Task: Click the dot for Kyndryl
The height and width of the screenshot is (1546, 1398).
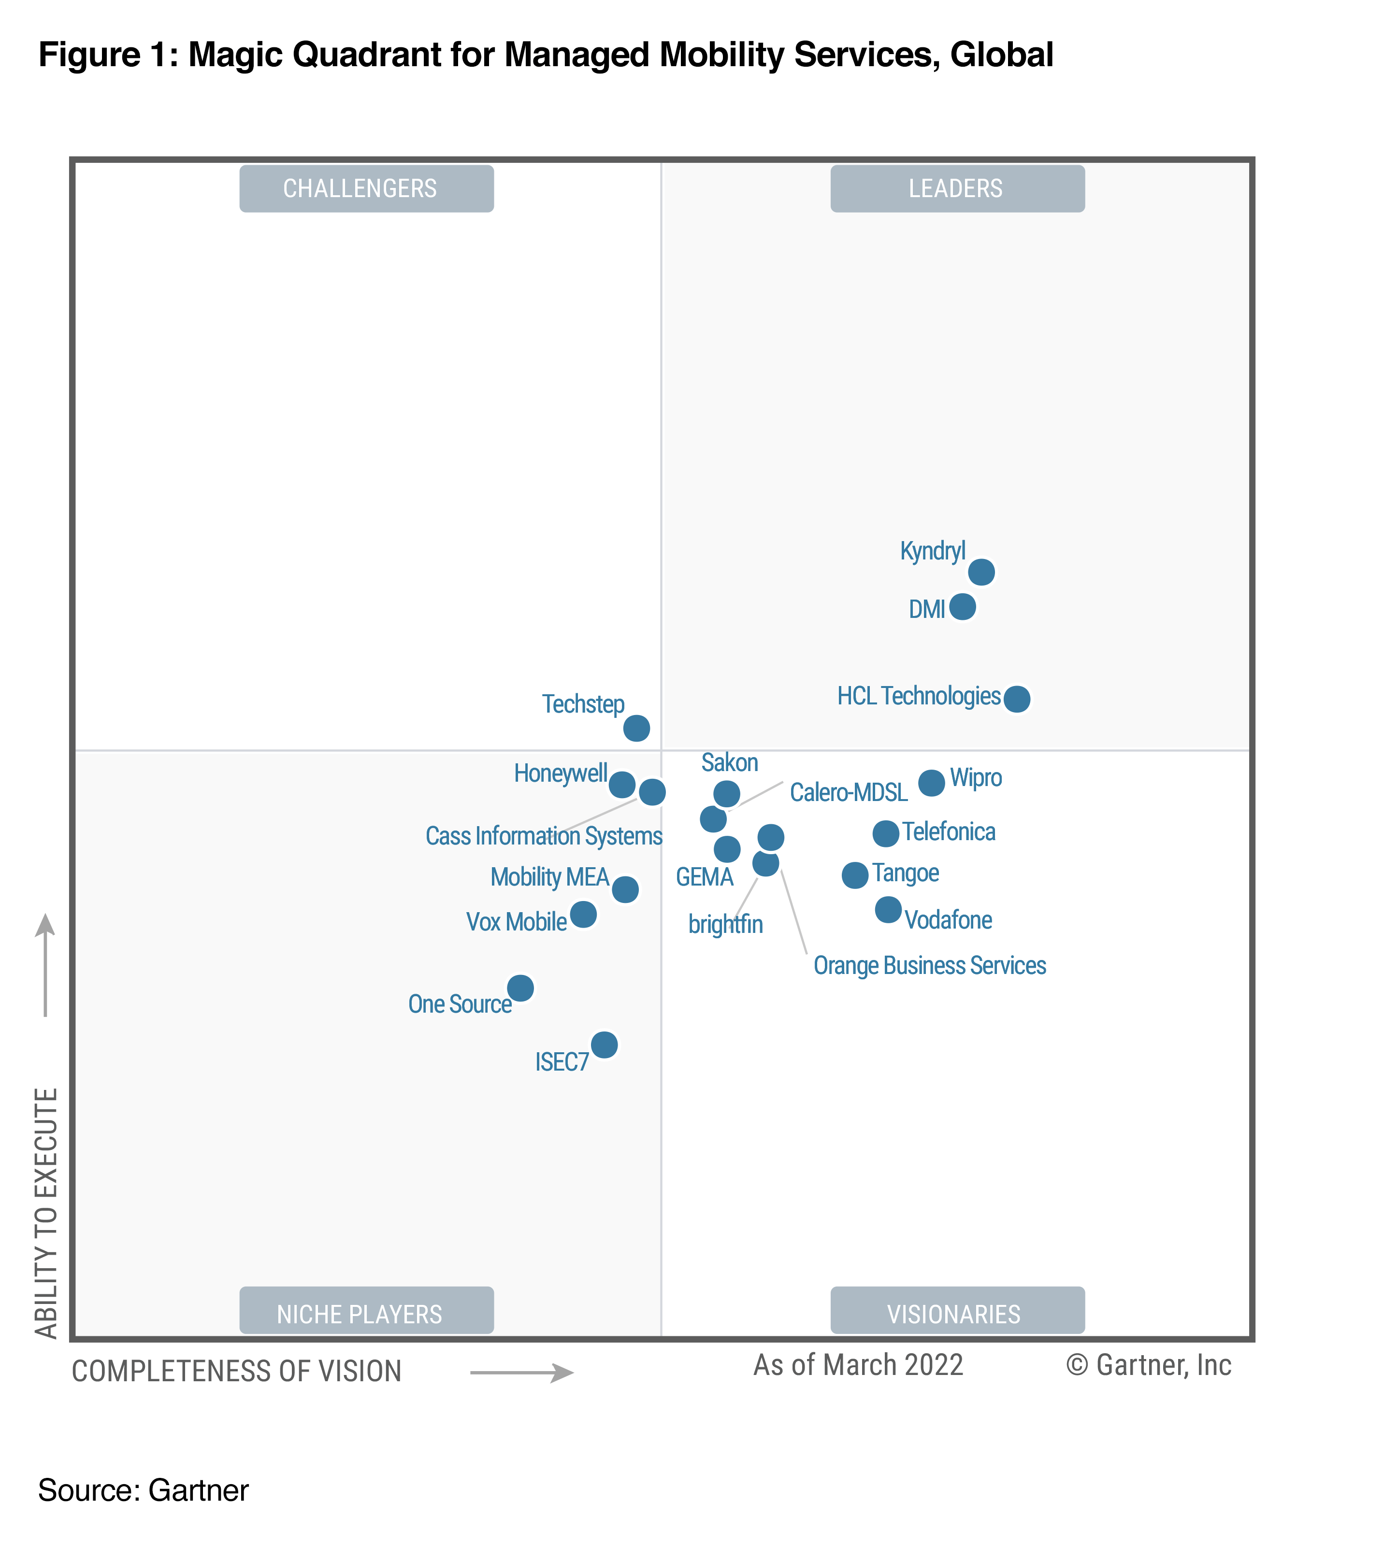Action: tap(981, 572)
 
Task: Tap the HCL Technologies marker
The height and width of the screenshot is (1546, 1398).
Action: tap(1016, 699)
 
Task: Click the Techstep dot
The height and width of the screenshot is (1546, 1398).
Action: tap(636, 728)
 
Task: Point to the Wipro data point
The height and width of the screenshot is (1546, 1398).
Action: tap(931, 783)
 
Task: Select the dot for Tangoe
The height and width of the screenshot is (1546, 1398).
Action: tap(854, 875)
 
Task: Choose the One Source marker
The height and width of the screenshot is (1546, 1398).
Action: tap(520, 988)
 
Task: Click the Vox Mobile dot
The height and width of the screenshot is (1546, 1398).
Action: tap(583, 914)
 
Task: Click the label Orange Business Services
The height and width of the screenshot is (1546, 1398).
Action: tap(929, 965)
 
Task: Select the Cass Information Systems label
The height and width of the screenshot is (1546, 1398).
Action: tap(543, 836)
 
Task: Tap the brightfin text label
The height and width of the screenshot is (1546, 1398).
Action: tap(725, 924)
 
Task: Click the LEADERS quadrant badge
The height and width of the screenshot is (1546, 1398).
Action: tap(956, 188)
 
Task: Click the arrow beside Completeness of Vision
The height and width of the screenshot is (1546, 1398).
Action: tap(521, 1372)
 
